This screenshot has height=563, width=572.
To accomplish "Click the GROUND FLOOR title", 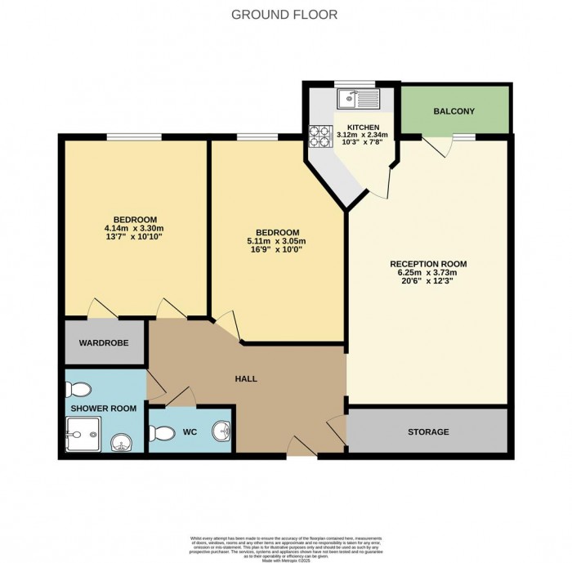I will click(285, 15).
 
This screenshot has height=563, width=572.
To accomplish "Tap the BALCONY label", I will click(454, 111).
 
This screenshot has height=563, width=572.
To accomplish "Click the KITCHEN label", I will click(363, 127).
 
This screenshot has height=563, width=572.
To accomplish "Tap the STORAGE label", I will click(428, 431).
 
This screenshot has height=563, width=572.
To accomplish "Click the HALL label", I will click(245, 379).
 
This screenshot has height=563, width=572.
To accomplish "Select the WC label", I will click(189, 431).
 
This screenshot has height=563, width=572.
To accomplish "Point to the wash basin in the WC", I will click(221, 431).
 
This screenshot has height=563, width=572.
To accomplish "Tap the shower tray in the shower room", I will click(84, 432).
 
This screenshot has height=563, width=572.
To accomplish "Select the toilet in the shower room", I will click(82, 389).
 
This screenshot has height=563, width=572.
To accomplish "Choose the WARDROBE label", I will click(104, 343).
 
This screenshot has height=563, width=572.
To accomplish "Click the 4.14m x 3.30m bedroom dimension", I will click(135, 228).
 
